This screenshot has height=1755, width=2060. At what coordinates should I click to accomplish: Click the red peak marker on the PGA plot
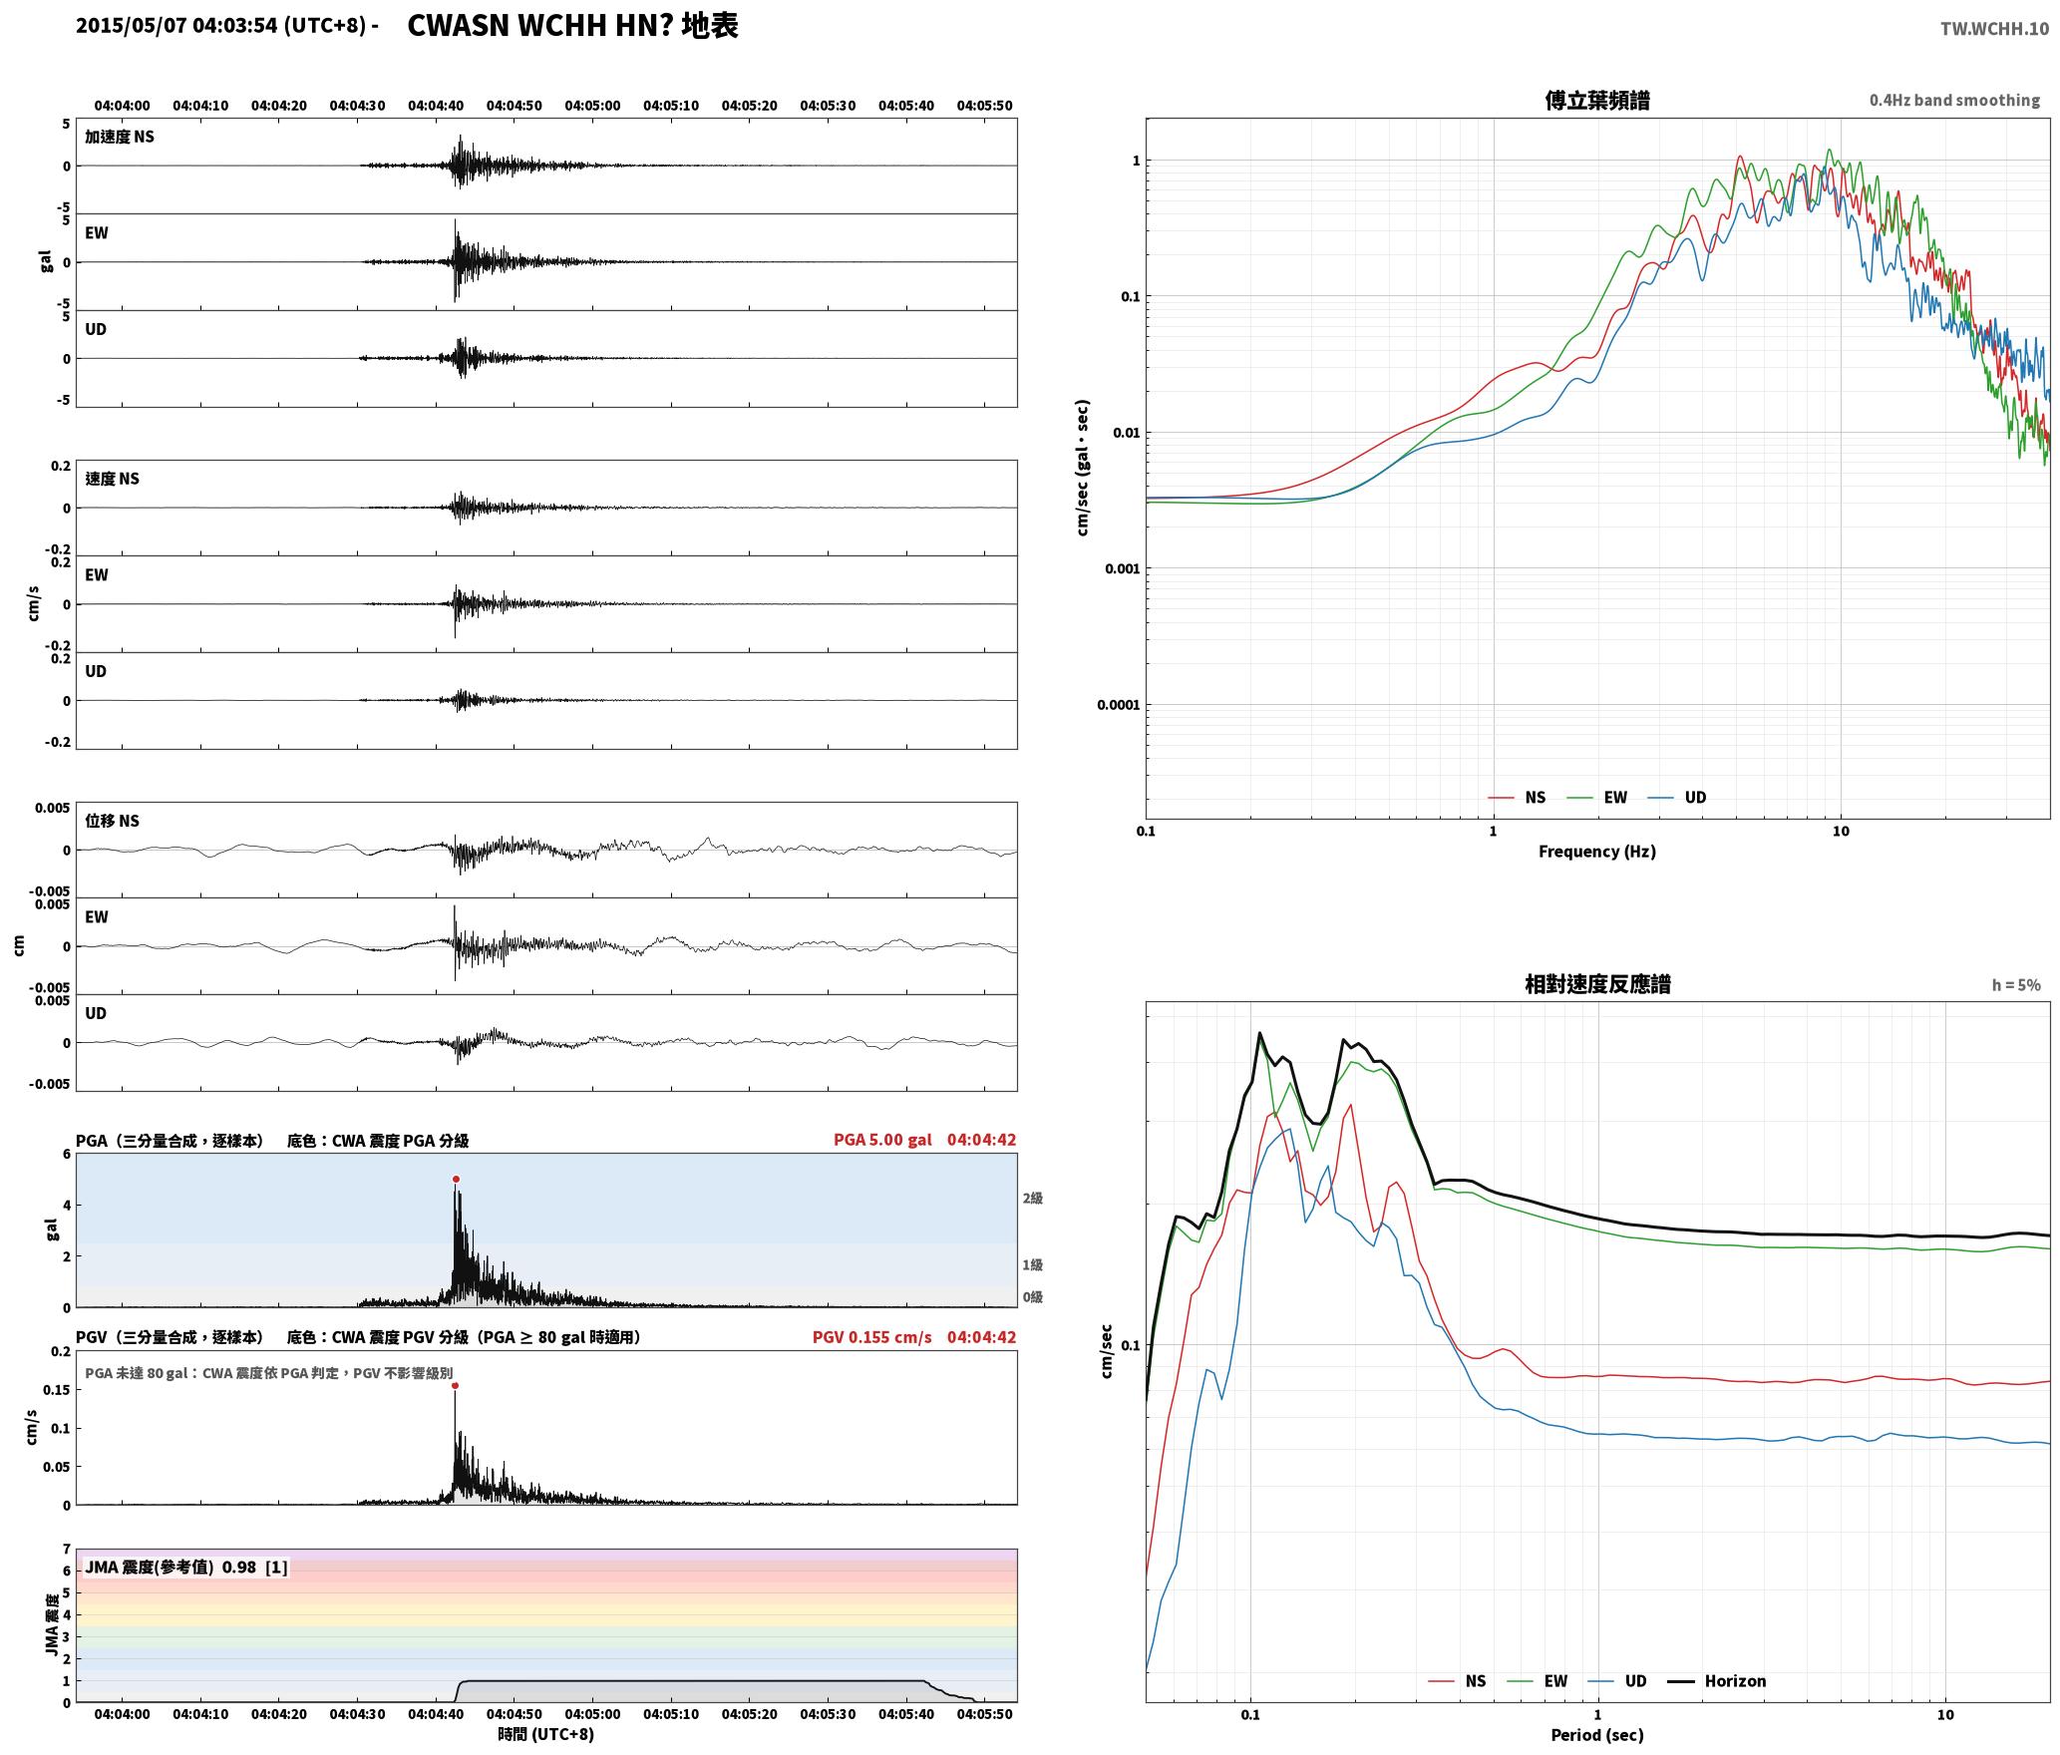456,1179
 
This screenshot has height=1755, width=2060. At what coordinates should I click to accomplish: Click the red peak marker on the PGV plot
455,1385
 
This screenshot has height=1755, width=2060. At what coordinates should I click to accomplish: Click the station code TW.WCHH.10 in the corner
1994,28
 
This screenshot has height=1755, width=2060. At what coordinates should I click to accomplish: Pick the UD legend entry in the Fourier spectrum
1677,797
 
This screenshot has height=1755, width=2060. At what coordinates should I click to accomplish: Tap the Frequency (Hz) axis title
1596,851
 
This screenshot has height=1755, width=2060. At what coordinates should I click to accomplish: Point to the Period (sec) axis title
1596,1734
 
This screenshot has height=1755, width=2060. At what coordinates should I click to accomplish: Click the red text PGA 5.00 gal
882,1139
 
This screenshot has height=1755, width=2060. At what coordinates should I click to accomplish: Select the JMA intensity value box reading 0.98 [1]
186,1567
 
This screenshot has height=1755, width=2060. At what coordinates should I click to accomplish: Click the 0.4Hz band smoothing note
1954,100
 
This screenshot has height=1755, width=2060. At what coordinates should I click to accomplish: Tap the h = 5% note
2016,984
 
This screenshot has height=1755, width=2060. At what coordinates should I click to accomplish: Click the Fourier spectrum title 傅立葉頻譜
1596,100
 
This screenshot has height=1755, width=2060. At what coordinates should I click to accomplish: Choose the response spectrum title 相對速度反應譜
1597,983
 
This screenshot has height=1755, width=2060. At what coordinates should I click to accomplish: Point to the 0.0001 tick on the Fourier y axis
1117,705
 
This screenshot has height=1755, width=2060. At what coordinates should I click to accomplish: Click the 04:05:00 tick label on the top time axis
592,105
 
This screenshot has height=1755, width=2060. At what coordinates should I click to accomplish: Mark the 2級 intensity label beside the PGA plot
1032,1198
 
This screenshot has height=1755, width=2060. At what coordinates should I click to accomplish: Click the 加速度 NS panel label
120,137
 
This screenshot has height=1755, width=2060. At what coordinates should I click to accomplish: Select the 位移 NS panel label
112,821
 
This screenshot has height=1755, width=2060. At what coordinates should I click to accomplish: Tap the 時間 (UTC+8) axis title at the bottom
545,1734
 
